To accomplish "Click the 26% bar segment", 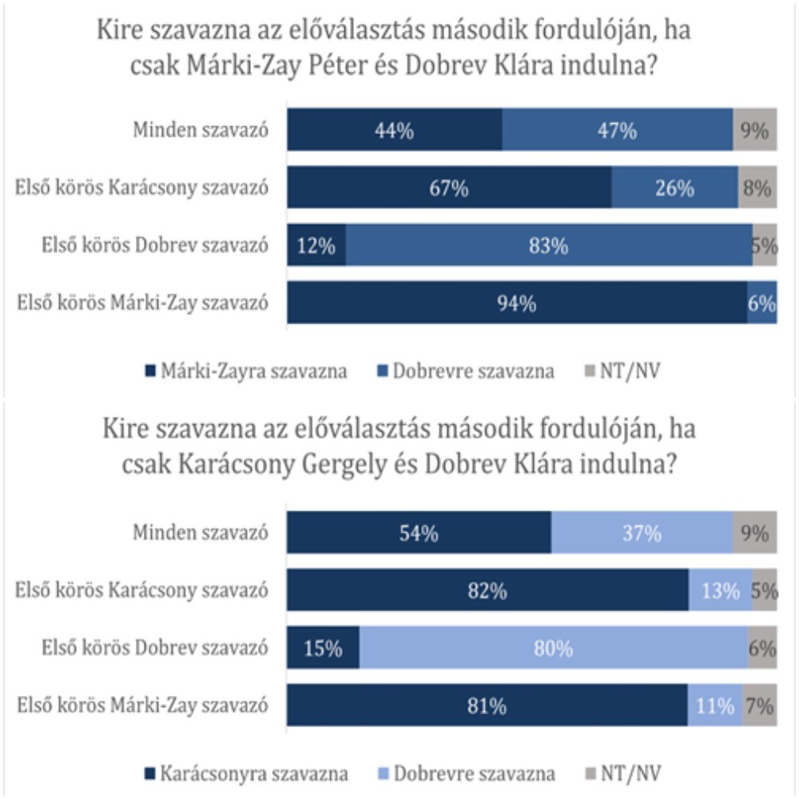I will click(674, 189).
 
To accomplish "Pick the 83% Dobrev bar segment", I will click(548, 247).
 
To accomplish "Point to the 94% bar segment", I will click(517, 303).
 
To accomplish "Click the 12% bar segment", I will click(316, 247).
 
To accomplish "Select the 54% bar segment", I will click(419, 534).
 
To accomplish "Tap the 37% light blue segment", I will click(642, 534).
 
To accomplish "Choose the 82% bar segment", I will click(487, 591).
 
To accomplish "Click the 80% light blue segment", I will click(553, 649).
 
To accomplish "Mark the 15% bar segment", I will click(324, 649).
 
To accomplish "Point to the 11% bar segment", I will click(714, 706).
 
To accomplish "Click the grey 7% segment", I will click(759, 706).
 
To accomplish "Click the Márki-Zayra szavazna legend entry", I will click(244, 371).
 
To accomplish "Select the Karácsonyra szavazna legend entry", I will click(244, 773).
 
